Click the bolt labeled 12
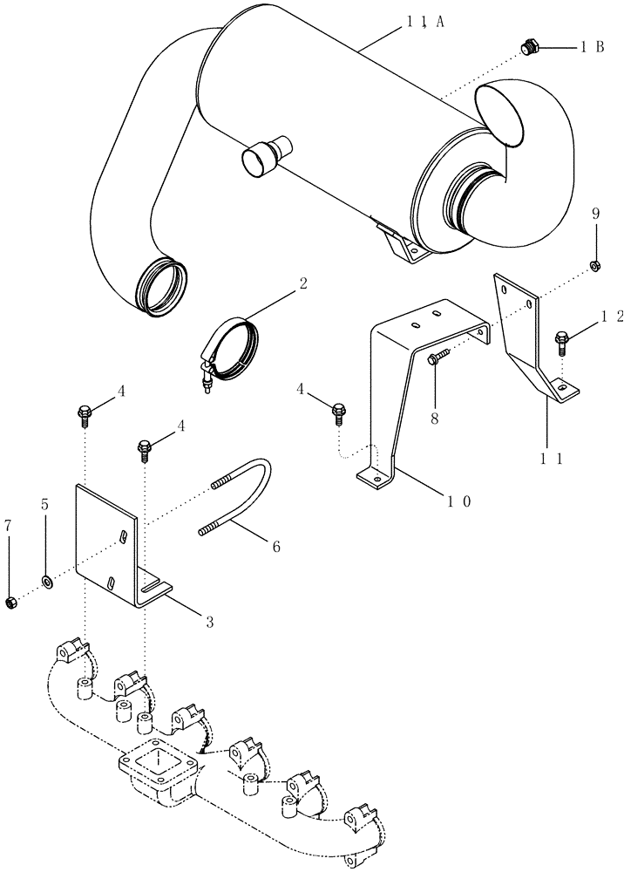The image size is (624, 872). pyautogui.click(x=562, y=338)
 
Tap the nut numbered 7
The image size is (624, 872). pyautogui.click(x=11, y=603)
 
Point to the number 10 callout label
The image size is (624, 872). pyautogui.click(x=459, y=501)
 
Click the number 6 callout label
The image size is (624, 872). pyautogui.click(x=275, y=547)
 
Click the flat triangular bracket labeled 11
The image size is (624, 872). pyautogui.click(x=523, y=340)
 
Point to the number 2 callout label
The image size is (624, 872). pyautogui.click(x=302, y=283)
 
